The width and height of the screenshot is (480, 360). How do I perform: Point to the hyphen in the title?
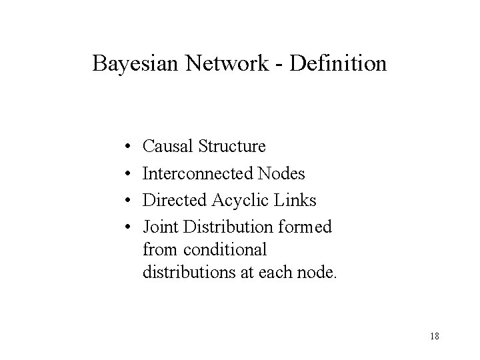tap(275, 65)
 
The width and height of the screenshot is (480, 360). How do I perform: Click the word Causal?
tap(167, 145)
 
